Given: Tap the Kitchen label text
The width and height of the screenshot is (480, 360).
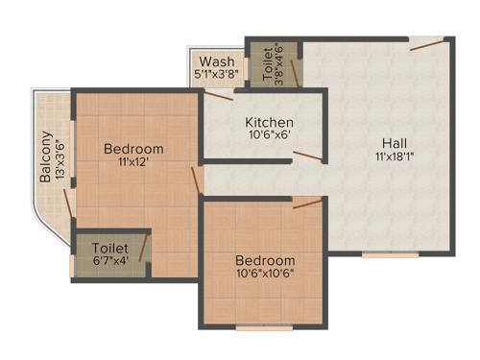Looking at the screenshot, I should (269, 123).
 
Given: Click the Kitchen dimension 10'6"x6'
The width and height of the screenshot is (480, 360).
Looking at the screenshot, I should (269, 136).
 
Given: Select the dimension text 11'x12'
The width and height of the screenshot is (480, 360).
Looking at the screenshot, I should (133, 163).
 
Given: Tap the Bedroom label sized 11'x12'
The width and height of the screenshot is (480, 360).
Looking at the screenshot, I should (133, 149).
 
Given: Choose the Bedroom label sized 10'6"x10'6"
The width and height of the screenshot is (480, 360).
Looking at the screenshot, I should (266, 260).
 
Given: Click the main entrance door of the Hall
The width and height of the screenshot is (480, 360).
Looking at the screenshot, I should (426, 43).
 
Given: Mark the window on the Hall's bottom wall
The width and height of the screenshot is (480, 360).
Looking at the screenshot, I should (390, 254).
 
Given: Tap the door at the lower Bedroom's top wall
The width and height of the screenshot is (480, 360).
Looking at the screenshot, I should (307, 203).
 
